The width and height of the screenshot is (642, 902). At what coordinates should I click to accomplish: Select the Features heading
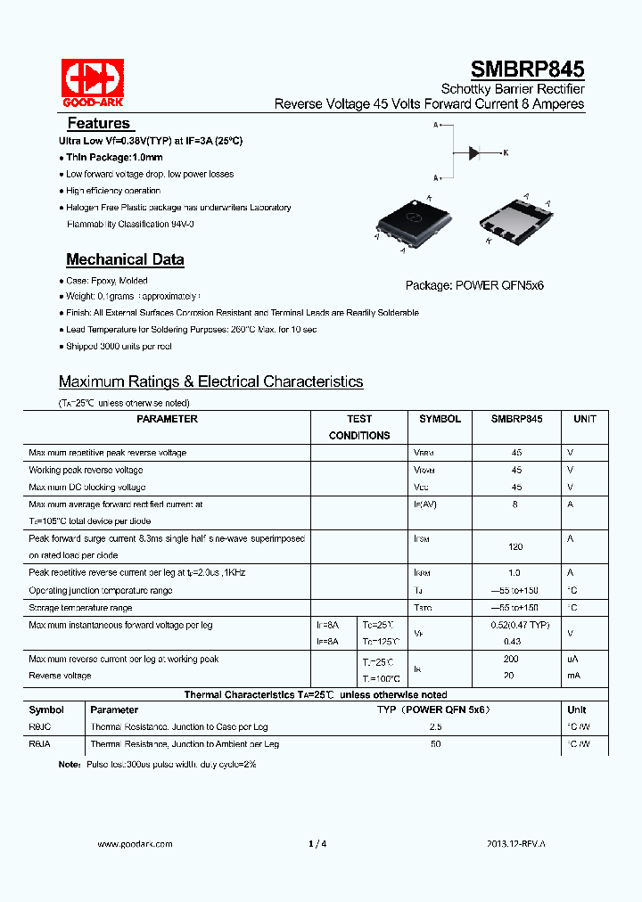98,123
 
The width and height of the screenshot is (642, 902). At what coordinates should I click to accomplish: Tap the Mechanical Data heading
125,259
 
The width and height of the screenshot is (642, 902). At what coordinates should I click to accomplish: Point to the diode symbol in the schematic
474,153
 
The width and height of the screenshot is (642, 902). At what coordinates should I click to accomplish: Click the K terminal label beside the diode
506,153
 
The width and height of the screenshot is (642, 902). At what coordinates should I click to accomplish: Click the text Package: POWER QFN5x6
474,285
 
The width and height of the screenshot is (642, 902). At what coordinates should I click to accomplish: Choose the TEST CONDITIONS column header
359,427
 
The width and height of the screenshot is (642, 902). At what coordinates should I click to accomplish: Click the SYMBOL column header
440,419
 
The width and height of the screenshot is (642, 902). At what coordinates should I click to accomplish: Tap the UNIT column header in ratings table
585,419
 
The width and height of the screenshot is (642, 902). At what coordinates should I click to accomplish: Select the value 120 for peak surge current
515,547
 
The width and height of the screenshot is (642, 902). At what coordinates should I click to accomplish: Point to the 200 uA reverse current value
511,659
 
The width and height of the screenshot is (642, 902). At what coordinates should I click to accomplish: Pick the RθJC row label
41,727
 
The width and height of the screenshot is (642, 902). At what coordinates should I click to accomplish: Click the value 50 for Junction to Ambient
435,744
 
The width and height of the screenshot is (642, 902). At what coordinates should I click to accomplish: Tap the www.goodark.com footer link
135,843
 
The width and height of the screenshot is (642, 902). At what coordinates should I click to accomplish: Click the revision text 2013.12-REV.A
515,843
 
